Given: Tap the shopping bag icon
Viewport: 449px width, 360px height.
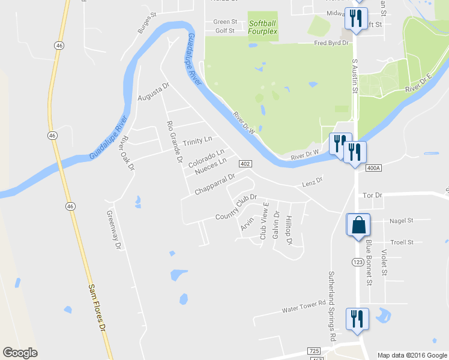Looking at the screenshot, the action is [359, 226].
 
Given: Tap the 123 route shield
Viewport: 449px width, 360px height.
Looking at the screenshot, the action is [359, 262].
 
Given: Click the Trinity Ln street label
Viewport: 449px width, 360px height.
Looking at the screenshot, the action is [197, 140].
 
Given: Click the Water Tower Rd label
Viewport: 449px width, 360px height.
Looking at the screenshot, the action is [304, 307].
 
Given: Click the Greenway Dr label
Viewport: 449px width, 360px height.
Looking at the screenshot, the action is [113, 229].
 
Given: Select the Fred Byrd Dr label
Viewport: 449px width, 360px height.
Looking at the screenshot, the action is [332, 43].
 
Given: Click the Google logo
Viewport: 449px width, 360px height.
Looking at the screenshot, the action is [20, 353].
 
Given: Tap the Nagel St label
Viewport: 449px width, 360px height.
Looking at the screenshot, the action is [402, 221].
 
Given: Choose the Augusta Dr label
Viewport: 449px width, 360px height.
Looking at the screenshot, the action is [154, 94].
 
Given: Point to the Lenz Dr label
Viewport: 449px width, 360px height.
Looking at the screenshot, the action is [312, 181].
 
